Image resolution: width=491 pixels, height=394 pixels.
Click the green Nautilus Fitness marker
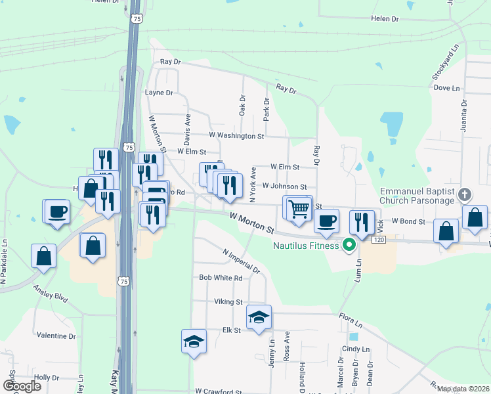coord(349,246)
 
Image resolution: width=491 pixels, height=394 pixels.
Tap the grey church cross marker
coord(465,194)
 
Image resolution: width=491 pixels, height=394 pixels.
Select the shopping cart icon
coord(299,208)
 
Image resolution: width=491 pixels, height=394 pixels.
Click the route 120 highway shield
coord(378,240)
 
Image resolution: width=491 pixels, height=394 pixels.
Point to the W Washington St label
coord(236,136)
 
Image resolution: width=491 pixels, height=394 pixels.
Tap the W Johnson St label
coord(284,186)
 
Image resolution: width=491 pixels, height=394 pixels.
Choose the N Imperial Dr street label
coord(241,261)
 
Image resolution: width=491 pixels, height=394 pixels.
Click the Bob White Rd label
coord(221,278)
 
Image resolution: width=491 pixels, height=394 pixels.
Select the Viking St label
coord(228,302)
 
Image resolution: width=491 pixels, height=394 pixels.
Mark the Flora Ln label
coord(351,320)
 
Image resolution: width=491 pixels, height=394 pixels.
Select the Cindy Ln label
coord(355,349)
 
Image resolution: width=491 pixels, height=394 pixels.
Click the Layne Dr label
coord(159,93)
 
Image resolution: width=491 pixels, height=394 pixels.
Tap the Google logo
coord(22,385)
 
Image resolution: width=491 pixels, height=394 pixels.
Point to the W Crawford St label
coord(219,391)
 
